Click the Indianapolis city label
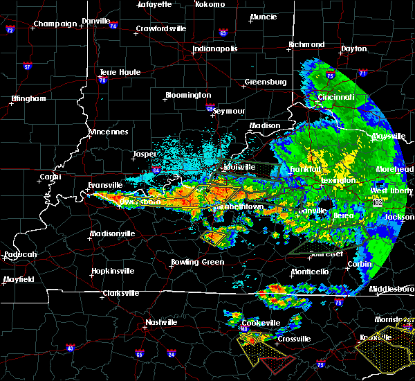point(215,49)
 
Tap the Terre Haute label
point(120,72)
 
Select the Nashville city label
point(160,322)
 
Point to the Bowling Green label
point(197,263)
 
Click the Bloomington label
point(187,95)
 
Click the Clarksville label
point(120,293)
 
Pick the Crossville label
point(293,339)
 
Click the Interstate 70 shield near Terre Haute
point(102,80)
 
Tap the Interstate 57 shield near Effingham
point(28,67)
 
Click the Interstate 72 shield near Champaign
point(10,31)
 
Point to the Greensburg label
point(265,82)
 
